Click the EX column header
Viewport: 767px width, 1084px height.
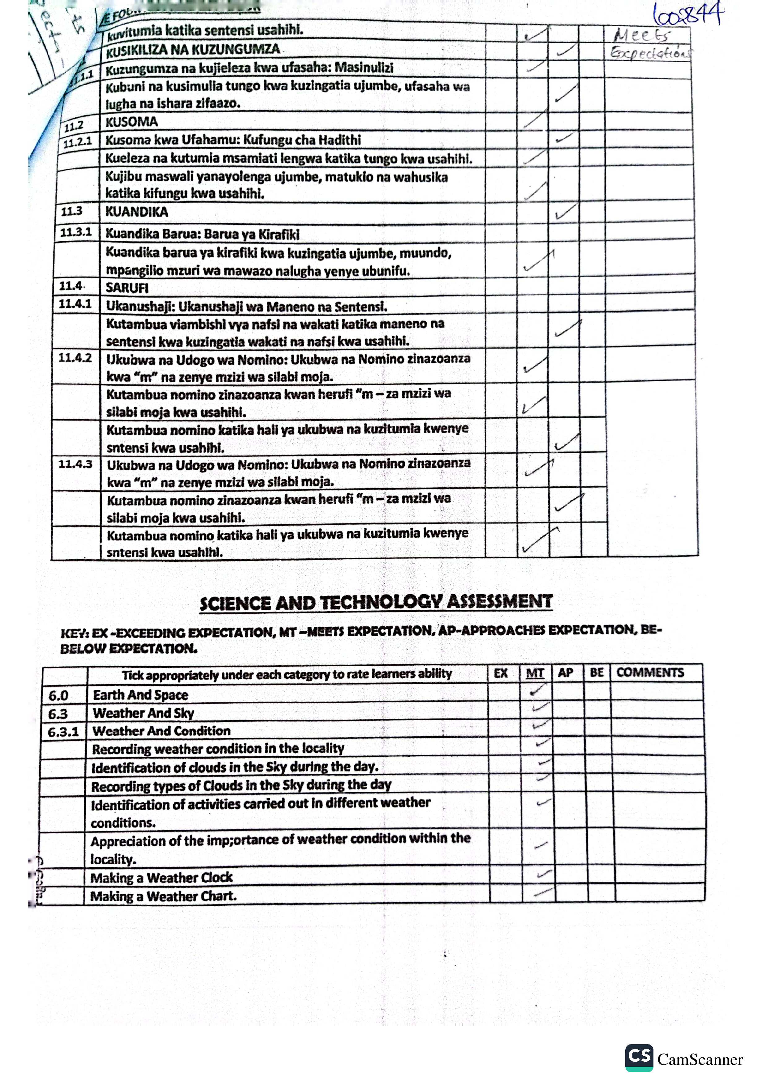(501, 673)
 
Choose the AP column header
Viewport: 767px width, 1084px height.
(565, 672)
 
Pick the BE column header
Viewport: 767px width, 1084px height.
(597, 672)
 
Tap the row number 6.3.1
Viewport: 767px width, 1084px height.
(63, 732)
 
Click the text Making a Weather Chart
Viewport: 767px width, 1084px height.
(163, 896)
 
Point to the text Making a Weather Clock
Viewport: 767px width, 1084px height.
(162, 878)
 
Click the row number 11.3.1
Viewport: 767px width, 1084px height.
(75, 232)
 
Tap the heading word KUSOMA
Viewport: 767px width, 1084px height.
(131, 122)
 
